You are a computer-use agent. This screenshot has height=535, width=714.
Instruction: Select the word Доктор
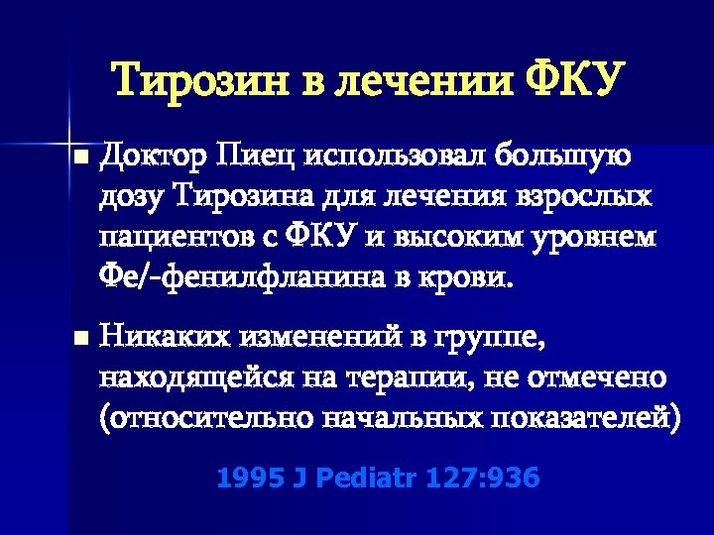click(x=152, y=156)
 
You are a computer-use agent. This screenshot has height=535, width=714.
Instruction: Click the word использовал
click(x=399, y=156)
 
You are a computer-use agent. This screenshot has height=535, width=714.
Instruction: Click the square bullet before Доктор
click(x=80, y=158)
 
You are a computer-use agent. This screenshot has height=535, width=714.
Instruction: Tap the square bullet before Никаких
click(x=80, y=339)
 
